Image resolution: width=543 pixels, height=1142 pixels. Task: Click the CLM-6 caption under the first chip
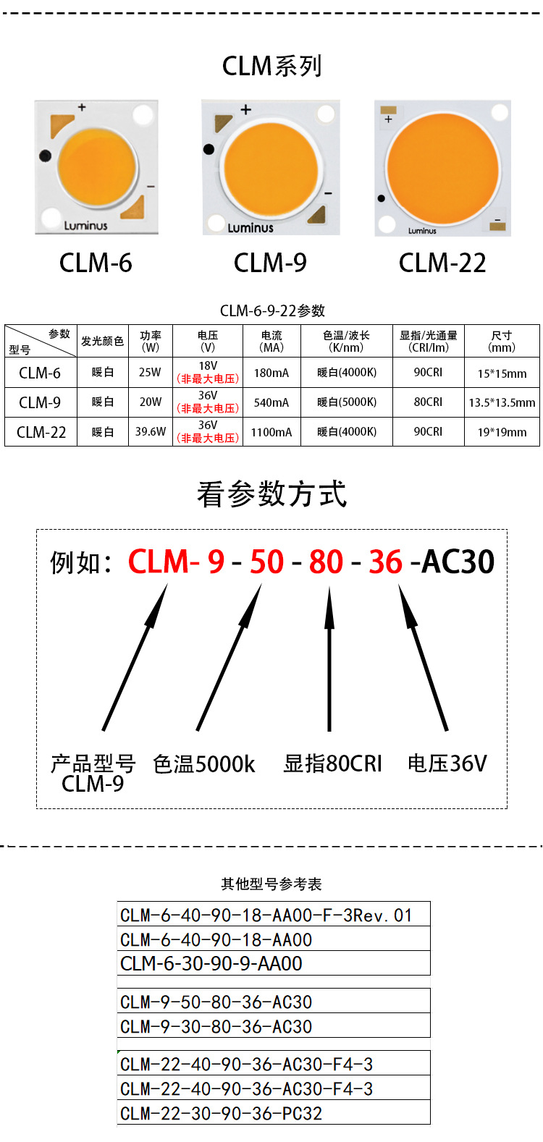[96, 263]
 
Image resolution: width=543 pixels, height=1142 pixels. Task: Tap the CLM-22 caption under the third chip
[442, 263]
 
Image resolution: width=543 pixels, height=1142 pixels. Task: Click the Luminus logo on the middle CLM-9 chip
[251, 228]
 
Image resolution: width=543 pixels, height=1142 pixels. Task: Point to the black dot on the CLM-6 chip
[46, 155]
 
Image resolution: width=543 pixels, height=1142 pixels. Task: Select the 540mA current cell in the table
[271, 402]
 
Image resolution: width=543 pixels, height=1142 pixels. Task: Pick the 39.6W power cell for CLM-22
[151, 432]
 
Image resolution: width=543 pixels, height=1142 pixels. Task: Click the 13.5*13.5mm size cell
[502, 402]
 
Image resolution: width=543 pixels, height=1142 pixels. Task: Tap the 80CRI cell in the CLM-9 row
[428, 402]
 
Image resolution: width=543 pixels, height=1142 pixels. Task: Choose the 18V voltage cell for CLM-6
[208, 372]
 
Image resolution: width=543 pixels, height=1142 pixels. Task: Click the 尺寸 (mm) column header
[502, 341]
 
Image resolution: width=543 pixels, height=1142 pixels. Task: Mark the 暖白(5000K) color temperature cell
[347, 402]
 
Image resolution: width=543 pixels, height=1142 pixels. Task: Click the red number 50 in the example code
[267, 562]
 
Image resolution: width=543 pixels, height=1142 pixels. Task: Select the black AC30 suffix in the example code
[458, 562]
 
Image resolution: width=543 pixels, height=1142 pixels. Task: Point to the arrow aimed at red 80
[329, 659]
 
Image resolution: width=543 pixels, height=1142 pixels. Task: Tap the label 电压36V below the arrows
[447, 764]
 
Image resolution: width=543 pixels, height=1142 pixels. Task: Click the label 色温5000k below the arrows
[204, 764]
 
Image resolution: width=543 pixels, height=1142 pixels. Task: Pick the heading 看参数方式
[271, 494]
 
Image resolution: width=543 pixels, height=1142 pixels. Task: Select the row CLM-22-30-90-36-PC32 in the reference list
[221, 1113]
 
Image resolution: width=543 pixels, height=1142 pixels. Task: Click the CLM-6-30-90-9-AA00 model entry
[211, 963]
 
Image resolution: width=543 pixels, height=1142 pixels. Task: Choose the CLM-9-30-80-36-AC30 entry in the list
[216, 1026]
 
